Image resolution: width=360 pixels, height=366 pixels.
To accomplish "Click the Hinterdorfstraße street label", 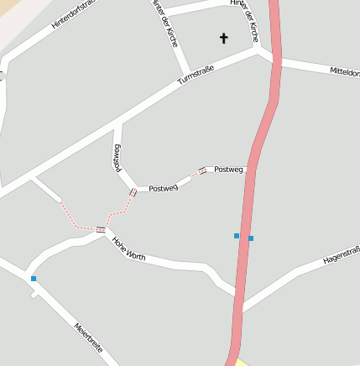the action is coord(74,14).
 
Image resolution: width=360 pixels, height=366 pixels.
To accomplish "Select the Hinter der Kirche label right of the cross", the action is coord(244,19).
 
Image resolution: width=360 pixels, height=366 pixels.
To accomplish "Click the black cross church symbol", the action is coord(224,38).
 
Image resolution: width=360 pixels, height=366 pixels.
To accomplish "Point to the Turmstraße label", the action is coord(196,75).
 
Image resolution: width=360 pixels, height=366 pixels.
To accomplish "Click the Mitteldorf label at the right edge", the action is coord(345,72).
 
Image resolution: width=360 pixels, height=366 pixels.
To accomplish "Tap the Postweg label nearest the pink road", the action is coord(228,170).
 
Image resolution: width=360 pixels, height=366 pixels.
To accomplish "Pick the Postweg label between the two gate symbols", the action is coord(163,188).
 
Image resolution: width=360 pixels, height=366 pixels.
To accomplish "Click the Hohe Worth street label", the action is coord(128,249).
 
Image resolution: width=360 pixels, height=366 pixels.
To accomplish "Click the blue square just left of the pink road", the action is coord(237,236).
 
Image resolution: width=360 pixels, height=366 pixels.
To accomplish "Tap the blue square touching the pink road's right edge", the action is coord(251,238).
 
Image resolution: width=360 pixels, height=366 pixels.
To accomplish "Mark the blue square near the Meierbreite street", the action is coord(34,279).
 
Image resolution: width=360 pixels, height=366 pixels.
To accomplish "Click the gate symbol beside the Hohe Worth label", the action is coord(101,229).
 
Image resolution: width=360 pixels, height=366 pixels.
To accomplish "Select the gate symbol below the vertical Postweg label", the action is coord(133,193).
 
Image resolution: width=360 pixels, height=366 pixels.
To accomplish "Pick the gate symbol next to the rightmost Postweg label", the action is coord(202,170).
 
